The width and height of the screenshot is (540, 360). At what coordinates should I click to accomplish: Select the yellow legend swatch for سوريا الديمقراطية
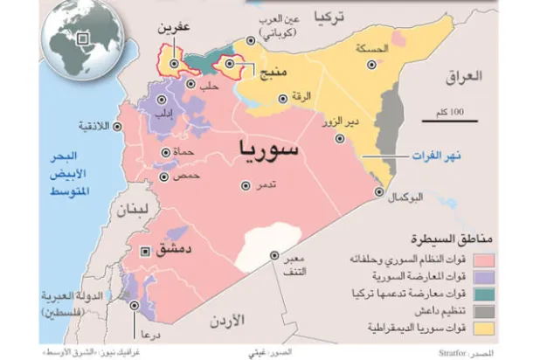click(506, 329)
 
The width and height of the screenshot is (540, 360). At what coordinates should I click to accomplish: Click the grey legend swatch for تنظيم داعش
click(506, 312)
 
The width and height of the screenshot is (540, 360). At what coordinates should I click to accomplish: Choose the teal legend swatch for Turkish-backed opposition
click(506, 294)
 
